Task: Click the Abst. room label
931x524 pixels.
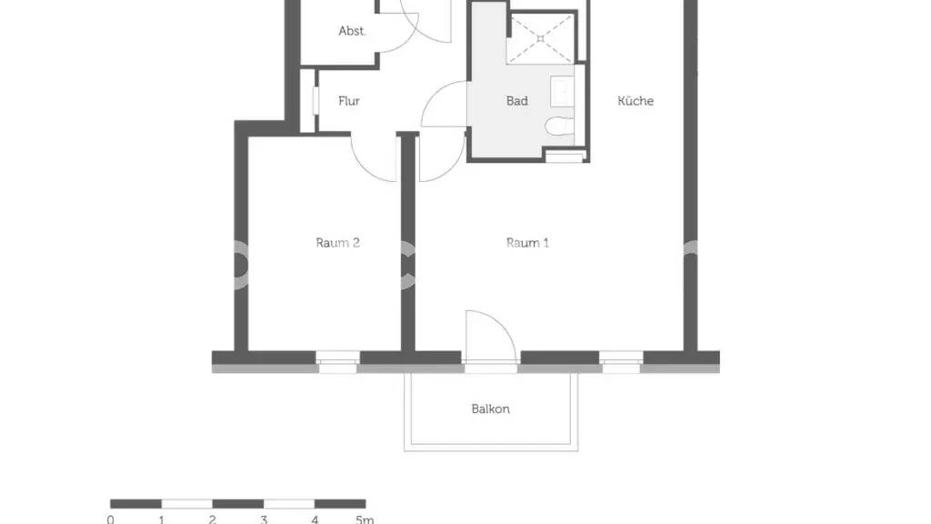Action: pyautogui.click(x=352, y=31)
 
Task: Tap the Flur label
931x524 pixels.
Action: pyautogui.click(x=349, y=101)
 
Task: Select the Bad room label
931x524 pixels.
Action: pyautogui.click(x=516, y=101)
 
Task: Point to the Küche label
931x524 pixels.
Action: pyautogui.click(x=636, y=101)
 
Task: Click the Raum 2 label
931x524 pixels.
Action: pyautogui.click(x=337, y=242)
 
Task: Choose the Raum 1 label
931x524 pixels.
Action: pyautogui.click(x=527, y=242)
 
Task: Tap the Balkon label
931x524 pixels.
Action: pyautogui.click(x=490, y=408)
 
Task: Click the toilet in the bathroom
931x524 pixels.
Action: pyautogui.click(x=559, y=126)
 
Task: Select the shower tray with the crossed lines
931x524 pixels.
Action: pyautogui.click(x=540, y=38)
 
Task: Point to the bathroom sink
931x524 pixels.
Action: pyautogui.click(x=562, y=92)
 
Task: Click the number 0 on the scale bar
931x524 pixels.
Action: pyautogui.click(x=110, y=519)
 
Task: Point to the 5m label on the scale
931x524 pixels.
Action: pyautogui.click(x=365, y=519)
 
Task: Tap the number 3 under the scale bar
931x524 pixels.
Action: pyautogui.click(x=264, y=519)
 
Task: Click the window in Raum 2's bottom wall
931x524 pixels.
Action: pyautogui.click(x=337, y=362)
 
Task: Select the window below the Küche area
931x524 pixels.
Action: pyautogui.click(x=621, y=362)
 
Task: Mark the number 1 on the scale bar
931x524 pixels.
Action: pyautogui.click(x=162, y=519)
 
